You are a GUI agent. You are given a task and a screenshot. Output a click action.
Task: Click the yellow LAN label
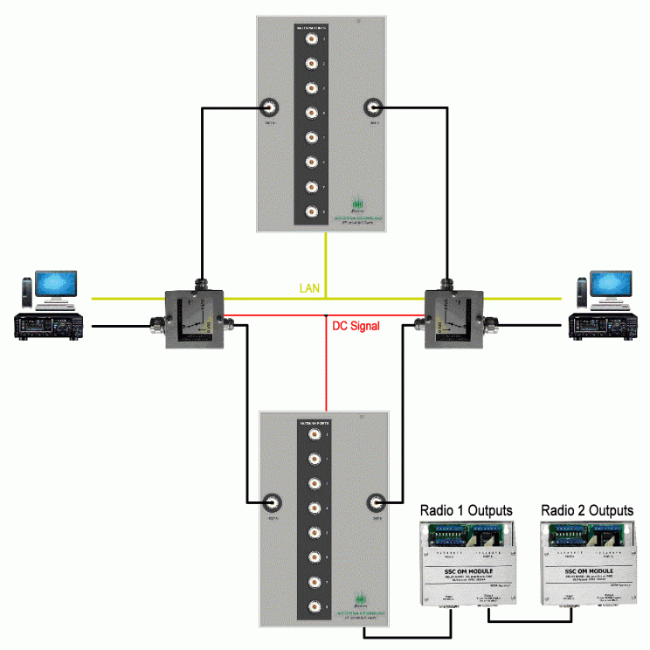tap(310, 288)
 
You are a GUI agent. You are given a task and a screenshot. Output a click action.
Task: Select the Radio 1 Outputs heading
tap(466, 510)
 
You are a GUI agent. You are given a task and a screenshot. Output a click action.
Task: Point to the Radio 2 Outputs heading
tap(586, 510)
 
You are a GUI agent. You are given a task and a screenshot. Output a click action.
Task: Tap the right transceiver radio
tap(601, 327)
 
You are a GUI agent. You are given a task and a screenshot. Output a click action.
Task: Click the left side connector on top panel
tap(271, 109)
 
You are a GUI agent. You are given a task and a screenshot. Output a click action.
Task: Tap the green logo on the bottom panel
tap(362, 605)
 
